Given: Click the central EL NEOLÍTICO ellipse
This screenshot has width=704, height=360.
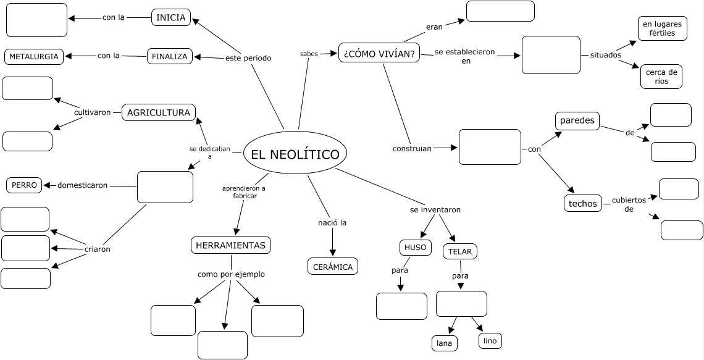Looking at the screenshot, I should [295, 154].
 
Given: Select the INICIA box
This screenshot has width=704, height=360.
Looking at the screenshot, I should [171, 17].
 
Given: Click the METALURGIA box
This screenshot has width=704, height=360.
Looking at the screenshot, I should [34, 57].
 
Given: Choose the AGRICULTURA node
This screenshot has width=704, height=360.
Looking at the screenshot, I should [159, 112].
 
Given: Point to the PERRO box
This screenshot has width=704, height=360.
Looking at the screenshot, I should [25, 185].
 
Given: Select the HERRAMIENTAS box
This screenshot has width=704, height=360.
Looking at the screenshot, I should [230, 245].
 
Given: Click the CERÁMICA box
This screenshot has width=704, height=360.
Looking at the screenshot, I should [332, 267].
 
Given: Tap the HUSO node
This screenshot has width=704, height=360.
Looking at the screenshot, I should [415, 248].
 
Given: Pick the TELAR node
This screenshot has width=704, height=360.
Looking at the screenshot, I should [459, 251].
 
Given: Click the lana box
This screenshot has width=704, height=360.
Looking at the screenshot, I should [444, 343].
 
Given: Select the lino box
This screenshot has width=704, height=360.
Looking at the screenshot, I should [490, 341].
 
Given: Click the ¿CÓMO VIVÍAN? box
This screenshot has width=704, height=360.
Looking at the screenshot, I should [379, 53].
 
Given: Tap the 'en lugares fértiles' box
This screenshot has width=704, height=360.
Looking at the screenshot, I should [662, 28].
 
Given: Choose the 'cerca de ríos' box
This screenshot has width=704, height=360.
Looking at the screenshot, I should [661, 77].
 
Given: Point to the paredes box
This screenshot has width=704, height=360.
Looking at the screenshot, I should [577, 120].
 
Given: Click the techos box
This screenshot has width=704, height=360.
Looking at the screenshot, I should [582, 203].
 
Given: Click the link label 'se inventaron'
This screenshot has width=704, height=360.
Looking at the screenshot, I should [435, 210].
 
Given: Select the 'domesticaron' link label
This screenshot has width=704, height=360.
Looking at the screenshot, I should [82, 185].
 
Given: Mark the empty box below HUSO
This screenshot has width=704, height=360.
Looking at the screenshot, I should [401, 306].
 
